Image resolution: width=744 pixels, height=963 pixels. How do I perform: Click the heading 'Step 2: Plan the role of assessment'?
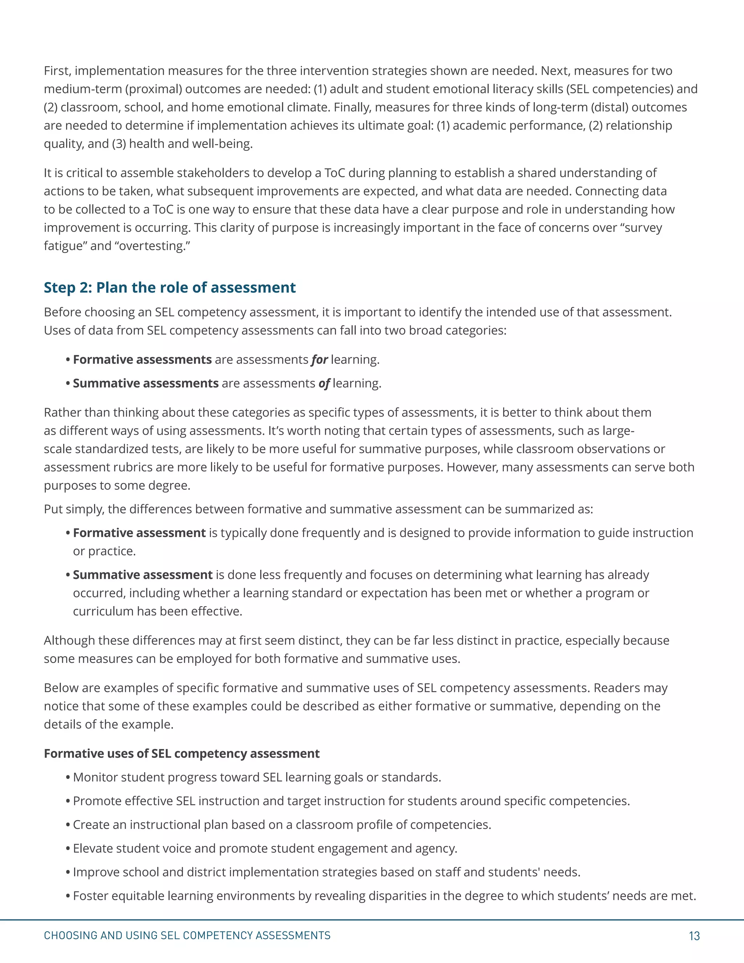tap(170, 287)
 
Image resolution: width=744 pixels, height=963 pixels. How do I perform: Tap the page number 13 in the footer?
tap(694, 936)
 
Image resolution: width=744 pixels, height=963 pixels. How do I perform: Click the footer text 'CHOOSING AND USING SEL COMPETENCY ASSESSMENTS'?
tap(187, 935)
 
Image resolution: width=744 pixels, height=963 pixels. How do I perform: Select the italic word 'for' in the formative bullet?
tap(319, 360)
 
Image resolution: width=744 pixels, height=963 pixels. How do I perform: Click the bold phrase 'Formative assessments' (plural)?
tap(142, 360)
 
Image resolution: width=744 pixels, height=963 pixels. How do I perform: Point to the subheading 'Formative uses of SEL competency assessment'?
tap(182, 754)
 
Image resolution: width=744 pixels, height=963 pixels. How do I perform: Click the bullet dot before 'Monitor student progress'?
tap(68, 777)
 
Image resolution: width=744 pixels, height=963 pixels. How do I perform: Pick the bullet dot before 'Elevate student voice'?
tap(68, 849)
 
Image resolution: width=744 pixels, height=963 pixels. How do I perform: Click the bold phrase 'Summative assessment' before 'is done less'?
tap(143, 575)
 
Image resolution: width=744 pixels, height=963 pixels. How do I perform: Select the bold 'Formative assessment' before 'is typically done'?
tap(139, 533)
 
